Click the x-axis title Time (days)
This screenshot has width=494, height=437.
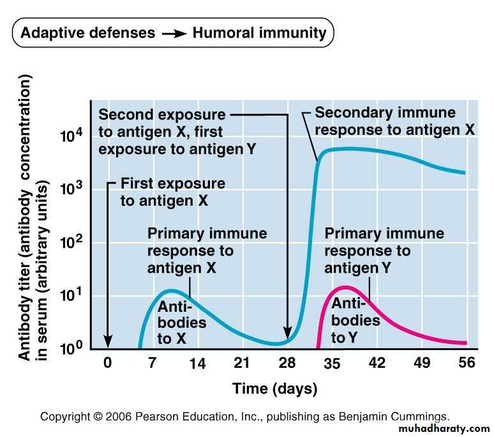[274, 388]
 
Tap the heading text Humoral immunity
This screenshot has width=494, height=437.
[259, 33]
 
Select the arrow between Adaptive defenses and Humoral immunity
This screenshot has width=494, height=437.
[172, 33]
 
